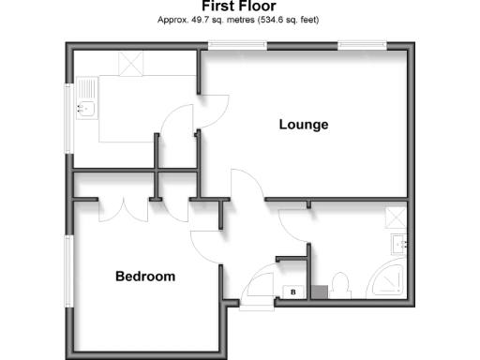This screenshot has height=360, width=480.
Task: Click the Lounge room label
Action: point(303,124)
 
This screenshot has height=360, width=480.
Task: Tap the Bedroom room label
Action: point(145,277)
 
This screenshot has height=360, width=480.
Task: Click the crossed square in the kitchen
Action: point(128,63)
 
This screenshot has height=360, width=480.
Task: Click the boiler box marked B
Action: point(293,292)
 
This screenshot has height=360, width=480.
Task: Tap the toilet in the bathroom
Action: point(339,284)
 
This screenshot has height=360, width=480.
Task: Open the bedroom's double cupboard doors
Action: point(125,210)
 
